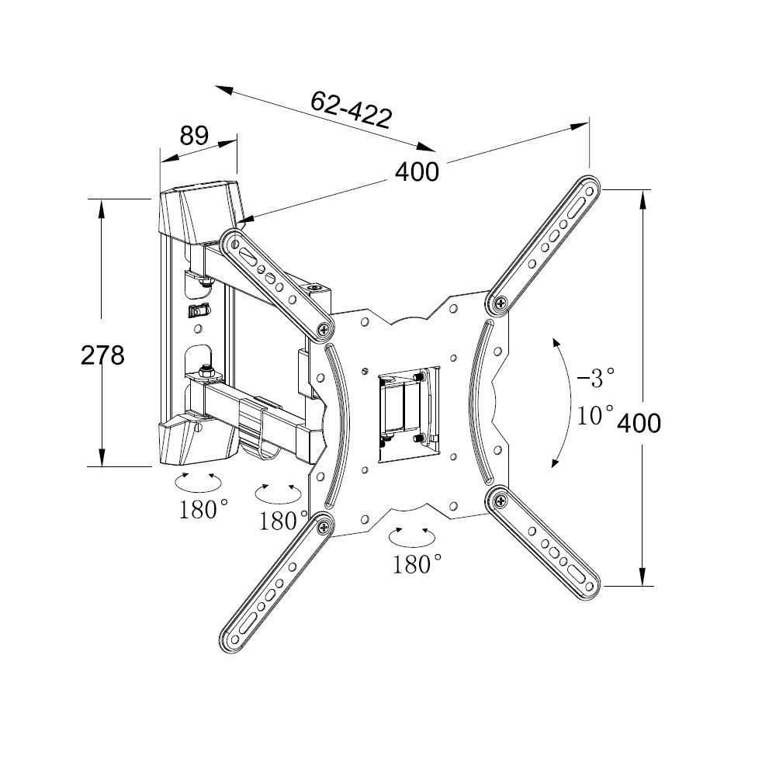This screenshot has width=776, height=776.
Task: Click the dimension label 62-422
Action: pos(352,110)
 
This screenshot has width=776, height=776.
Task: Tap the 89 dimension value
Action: pos(194,135)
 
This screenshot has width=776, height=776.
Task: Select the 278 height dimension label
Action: pos(102,355)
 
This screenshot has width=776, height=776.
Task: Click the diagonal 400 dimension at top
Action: pos(417,171)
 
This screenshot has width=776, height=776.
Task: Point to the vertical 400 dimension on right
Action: pos(639,423)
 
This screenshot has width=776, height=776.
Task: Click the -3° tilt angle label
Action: pos(596,378)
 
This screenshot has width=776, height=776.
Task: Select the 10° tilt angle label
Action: pos(595,414)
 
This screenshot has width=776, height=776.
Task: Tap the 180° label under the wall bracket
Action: pos(203,509)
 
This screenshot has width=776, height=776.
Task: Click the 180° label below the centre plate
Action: pos(417,563)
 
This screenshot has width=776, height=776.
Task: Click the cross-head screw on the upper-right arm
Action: pos(501,303)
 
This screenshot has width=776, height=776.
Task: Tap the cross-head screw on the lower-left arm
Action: pos(325,526)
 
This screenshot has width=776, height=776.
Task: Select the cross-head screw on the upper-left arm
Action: pos(325,328)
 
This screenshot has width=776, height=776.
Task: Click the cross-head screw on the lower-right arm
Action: pos(501,501)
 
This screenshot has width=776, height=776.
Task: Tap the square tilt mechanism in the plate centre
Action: pos(409,414)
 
